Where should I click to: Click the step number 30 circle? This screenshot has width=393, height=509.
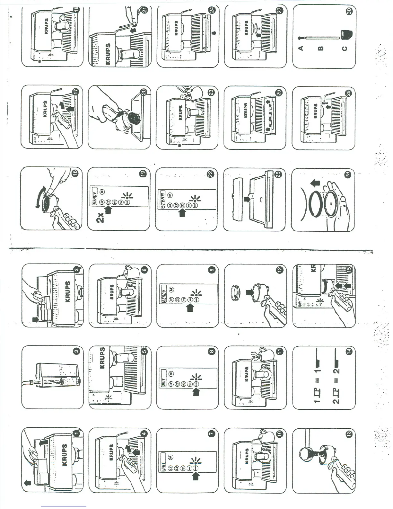(349, 11)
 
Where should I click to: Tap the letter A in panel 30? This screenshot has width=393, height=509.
(301, 48)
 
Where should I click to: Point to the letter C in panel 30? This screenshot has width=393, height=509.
(345, 49)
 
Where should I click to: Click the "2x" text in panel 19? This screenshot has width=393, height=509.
(100, 218)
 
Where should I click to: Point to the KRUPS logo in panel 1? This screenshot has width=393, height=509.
(65, 455)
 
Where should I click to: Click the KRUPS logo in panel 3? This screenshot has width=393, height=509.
(67, 291)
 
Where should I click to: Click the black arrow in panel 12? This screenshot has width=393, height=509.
(250, 292)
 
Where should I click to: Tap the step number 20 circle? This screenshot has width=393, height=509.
(144, 92)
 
